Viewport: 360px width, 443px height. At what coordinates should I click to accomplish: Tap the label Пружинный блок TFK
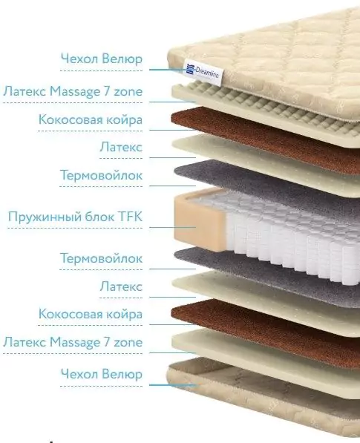75,217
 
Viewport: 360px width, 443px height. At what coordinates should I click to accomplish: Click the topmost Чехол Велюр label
102,59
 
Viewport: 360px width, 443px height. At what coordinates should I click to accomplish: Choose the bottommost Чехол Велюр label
102,374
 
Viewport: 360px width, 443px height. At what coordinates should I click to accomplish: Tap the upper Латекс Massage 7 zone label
73,91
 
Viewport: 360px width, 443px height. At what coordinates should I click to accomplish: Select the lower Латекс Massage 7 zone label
73,342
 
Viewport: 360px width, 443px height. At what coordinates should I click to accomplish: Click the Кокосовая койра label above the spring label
91,119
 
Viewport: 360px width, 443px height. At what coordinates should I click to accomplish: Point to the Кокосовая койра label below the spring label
91,314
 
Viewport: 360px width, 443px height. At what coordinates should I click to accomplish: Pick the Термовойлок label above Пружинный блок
101,175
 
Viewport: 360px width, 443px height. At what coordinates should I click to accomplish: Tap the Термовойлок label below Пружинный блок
101,258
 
